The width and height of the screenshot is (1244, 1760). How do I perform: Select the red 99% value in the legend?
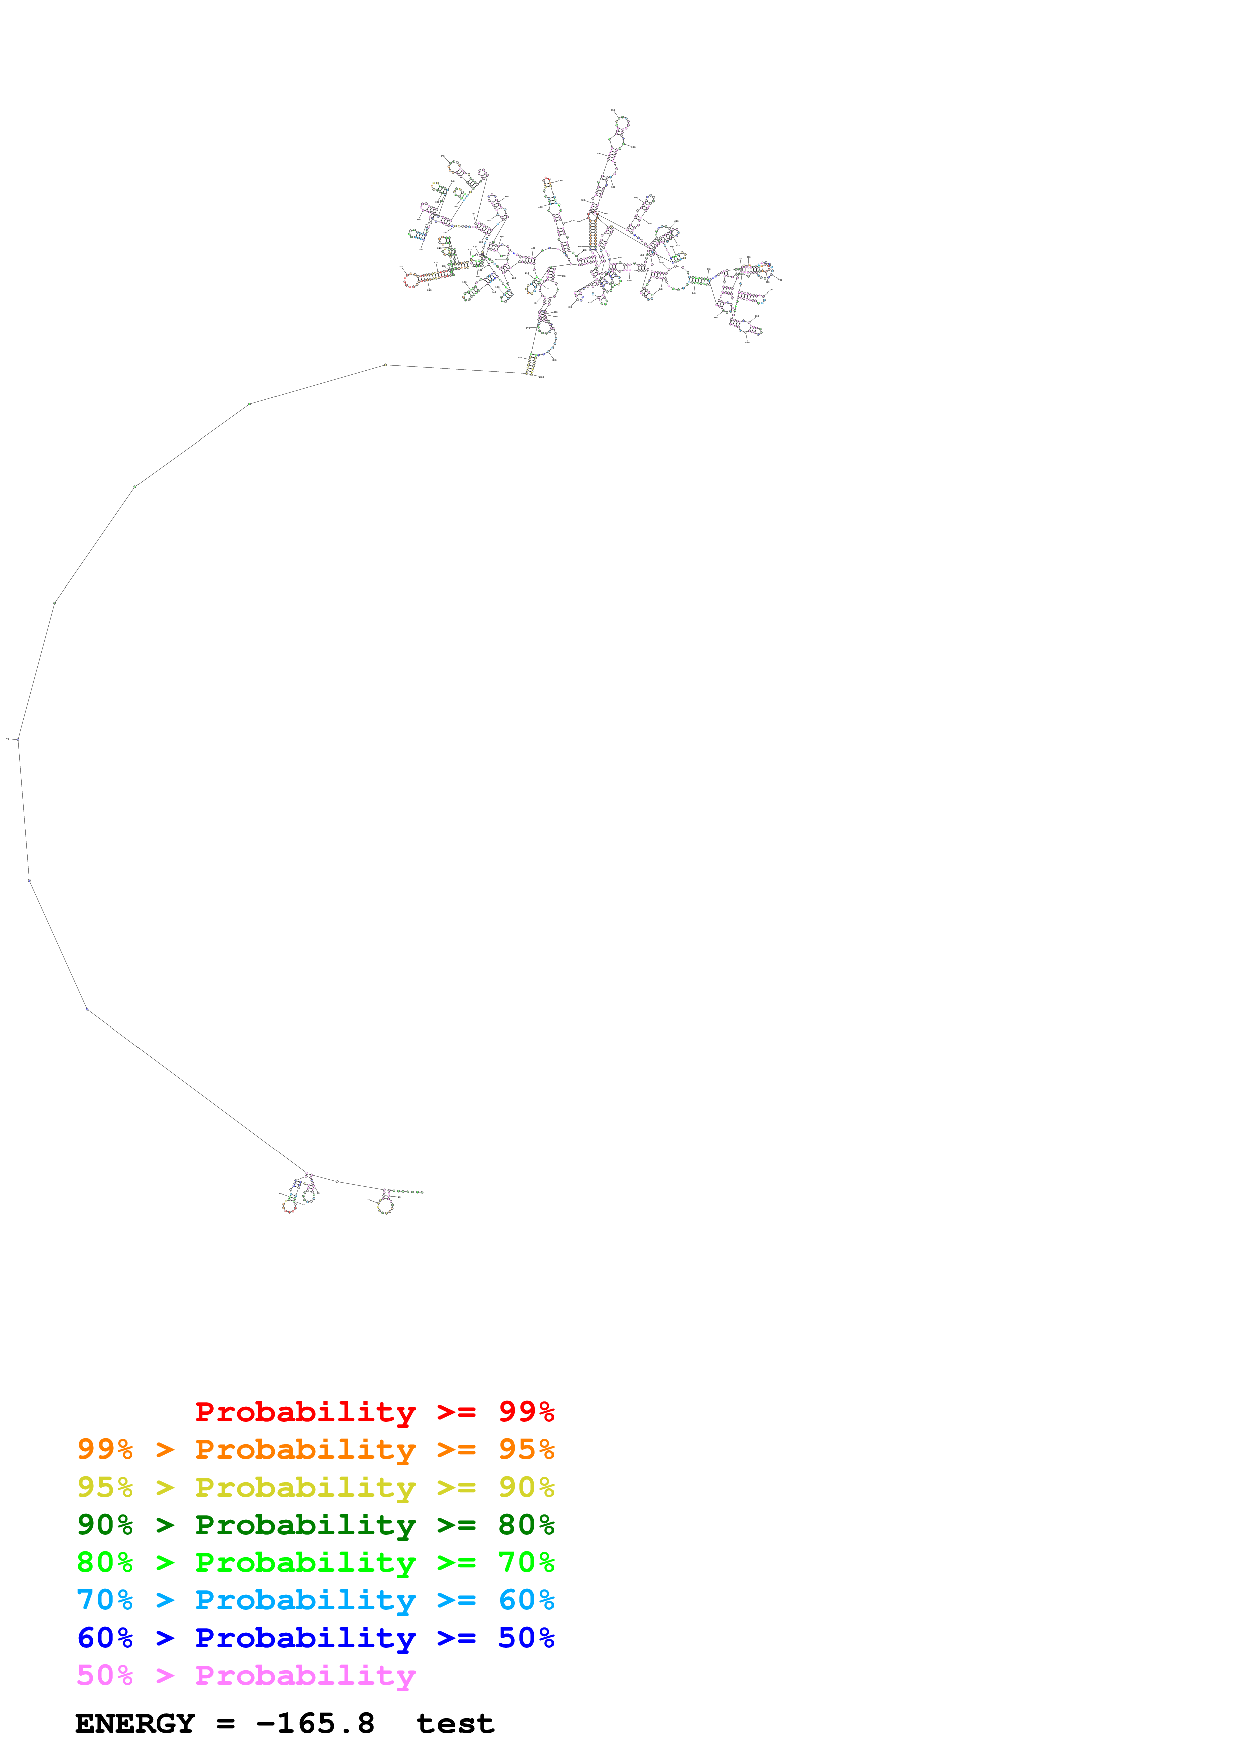click(x=526, y=1412)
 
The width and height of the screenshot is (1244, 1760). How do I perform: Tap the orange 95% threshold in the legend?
click(x=526, y=1449)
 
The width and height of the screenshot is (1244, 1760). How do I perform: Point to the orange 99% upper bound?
click(x=105, y=1449)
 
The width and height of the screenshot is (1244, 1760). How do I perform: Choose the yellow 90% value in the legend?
click(x=526, y=1487)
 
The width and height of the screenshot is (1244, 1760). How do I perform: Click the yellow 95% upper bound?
click(x=105, y=1487)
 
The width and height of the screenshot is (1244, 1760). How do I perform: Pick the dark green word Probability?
click(x=305, y=1525)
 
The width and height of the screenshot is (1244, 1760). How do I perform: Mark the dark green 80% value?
click(x=526, y=1525)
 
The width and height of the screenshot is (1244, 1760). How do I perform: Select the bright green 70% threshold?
click(x=526, y=1562)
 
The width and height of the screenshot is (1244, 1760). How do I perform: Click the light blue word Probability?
click(x=305, y=1600)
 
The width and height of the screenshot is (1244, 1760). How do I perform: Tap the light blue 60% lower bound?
click(x=526, y=1600)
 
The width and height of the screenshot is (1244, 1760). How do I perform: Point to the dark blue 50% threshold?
click(x=526, y=1638)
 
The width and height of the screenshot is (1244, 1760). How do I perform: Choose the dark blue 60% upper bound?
click(x=105, y=1638)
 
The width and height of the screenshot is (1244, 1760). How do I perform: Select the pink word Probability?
click(x=305, y=1676)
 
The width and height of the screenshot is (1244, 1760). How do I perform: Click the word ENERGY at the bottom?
click(x=135, y=1724)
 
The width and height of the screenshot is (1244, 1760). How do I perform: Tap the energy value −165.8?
click(x=316, y=1724)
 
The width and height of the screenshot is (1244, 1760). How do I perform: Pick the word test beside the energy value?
click(x=455, y=1724)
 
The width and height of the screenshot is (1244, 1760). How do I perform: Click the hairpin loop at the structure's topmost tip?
click(x=622, y=122)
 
